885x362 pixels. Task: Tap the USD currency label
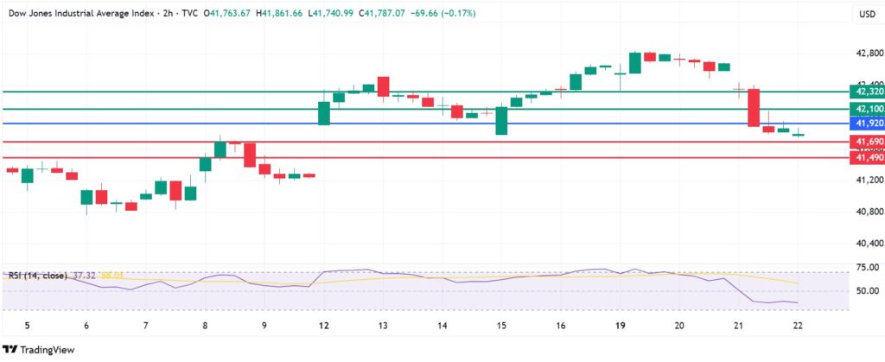point(867,15)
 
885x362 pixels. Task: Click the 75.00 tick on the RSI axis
point(867,269)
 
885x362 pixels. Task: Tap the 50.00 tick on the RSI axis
point(867,290)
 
